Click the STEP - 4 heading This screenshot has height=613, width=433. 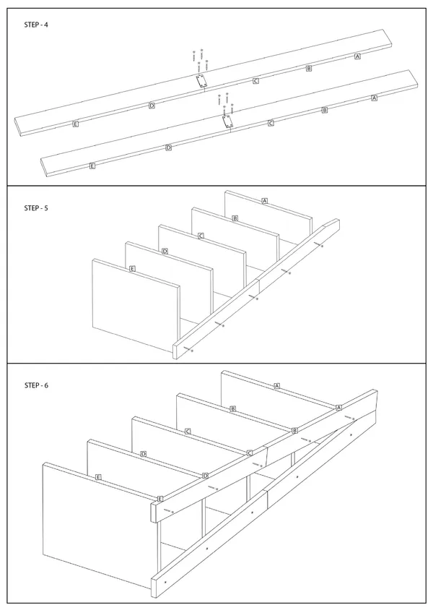tap(36, 25)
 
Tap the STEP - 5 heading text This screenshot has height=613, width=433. tap(36, 208)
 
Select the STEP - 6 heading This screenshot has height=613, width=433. tap(36, 385)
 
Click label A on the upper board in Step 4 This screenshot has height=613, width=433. tap(357, 56)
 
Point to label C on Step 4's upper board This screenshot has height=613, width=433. tap(255, 81)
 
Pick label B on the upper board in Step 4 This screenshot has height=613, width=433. tap(309, 69)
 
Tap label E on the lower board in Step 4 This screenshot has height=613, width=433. tap(92, 166)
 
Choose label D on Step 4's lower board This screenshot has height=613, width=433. tap(169, 147)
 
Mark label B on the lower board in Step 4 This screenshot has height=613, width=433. tap(325, 111)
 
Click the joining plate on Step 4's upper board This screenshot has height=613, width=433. tap(201, 81)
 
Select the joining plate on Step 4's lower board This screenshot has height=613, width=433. tap(226, 121)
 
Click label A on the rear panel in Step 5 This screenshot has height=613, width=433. tap(265, 201)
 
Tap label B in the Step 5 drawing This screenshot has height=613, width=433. tap(235, 218)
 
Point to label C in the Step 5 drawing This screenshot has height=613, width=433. tap(201, 236)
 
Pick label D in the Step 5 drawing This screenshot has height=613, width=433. tap(165, 252)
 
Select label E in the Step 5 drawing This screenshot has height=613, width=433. tap(132, 269)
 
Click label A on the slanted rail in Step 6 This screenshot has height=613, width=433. tap(339, 408)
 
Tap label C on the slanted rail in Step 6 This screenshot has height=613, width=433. tap(250, 453)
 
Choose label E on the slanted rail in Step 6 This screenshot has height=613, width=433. tap(159, 499)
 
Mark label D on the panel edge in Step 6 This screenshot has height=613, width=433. tap(144, 454)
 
